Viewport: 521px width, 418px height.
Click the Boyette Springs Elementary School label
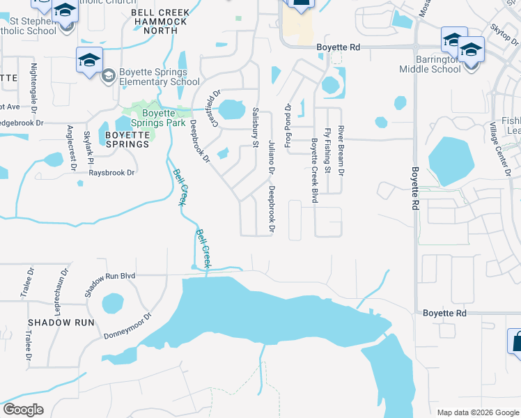[160, 77]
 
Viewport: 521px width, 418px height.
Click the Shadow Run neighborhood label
[61, 323]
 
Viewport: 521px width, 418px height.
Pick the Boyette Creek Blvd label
[315, 171]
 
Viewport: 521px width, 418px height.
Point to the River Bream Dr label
[341, 150]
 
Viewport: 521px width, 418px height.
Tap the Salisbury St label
[256, 123]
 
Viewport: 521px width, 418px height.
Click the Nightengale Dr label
[33, 88]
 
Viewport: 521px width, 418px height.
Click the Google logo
[23, 410]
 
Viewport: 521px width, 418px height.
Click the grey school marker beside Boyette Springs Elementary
[108, 75]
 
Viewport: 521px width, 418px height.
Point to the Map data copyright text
[477, 412]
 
